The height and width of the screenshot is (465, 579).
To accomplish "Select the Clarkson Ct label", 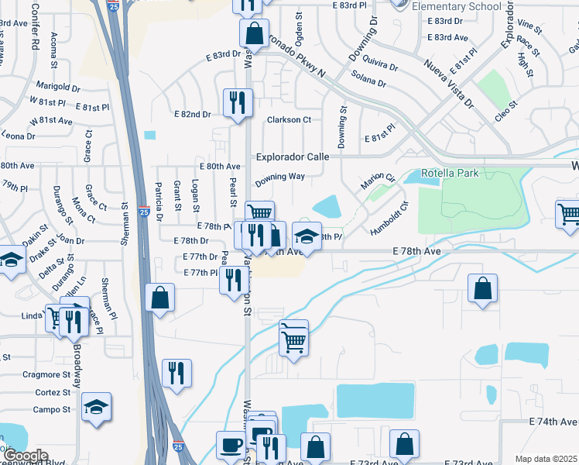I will (289, 120).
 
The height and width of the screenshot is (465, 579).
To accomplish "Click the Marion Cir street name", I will (378, 183).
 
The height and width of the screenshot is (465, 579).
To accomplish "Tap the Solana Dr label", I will (368, 78).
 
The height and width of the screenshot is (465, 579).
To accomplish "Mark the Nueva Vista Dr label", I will (448, 81).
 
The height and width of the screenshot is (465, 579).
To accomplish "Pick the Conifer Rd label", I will (35, 26).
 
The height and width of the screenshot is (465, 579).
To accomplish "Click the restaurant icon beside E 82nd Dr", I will (236, 102).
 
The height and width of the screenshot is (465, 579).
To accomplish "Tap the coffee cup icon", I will (230, 445).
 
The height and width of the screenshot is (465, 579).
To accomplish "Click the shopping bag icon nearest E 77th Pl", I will (159, 298).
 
